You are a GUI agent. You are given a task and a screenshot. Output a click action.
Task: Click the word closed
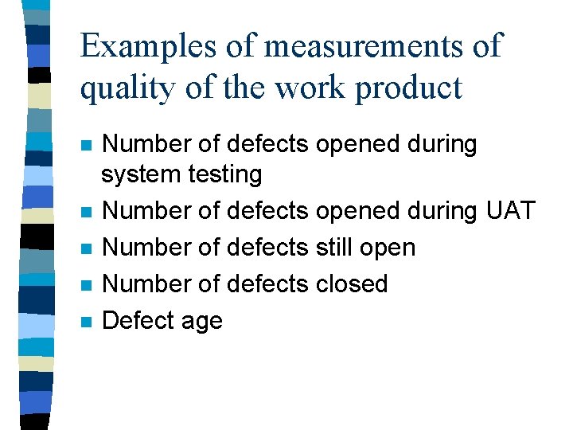(350, 284)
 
